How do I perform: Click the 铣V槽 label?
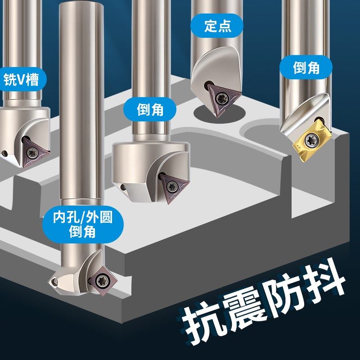[24, 81]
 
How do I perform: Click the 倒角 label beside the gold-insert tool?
[306, 68]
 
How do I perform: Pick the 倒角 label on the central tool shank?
[150, 109]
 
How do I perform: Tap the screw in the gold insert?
[310, 139]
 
